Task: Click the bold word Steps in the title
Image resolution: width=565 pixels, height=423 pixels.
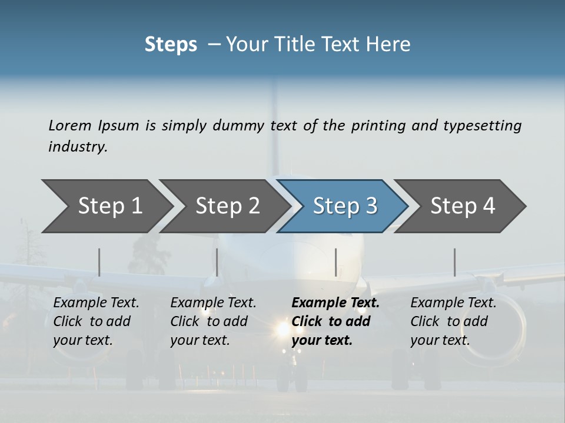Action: (x=171, y=45)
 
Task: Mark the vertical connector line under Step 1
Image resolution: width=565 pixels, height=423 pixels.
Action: (x=99, y=262)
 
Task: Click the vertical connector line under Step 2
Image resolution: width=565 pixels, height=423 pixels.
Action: (x=217, y=262)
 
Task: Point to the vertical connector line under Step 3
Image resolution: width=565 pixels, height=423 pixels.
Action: (x=335, y=262)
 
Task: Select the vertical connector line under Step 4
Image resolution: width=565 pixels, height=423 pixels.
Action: (x=454, y=262)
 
